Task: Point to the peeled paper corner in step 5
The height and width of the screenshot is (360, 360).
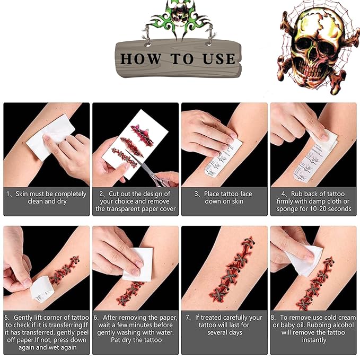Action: (41, 292)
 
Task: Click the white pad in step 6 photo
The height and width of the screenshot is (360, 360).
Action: (139, 264)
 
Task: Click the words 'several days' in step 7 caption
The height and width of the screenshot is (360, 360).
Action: (225, 332)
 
